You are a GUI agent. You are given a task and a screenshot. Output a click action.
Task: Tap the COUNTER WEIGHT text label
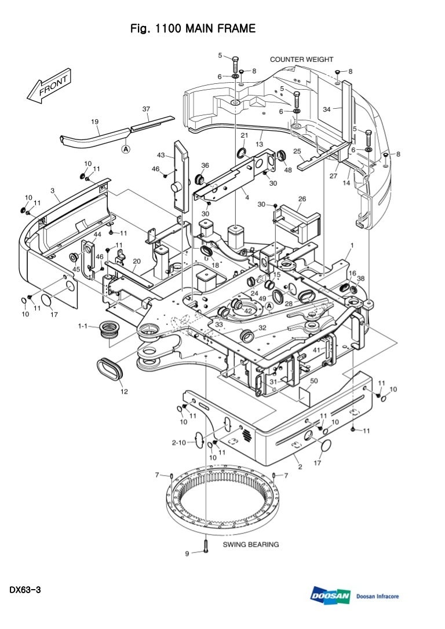click(301, 59)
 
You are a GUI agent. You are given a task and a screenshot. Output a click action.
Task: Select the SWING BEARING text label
click(251, 545)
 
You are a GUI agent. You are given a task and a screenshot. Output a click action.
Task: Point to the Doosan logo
click(330, 597)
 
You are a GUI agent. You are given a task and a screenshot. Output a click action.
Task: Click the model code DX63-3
click(24, 590)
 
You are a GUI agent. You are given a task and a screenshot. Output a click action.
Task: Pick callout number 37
click(146, 109)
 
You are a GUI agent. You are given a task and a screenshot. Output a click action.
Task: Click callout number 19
click(94, 122)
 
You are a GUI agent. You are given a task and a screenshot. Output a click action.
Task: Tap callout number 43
click(161, 155)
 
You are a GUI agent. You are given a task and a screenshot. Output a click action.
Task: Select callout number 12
click(124, 392)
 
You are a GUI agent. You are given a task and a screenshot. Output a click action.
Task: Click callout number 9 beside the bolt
click(187, 554)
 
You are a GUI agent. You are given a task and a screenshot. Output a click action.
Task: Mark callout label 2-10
click(178, 443)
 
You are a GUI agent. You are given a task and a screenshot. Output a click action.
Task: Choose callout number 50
click(313, 381)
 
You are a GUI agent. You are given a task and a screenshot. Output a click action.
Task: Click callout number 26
click(302, 199)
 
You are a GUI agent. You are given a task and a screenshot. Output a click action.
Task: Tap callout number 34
click(327, 109)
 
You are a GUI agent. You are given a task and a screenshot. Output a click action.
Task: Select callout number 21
click(244, 135)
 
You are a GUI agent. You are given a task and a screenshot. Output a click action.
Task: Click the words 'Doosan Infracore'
click(378, 597)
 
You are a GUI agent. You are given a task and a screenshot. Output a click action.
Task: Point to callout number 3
click(53, 190)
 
